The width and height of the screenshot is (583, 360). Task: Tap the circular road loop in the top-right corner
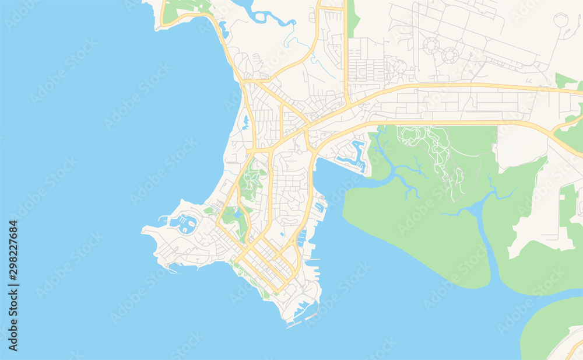pyautogui.click(x=560, y=20)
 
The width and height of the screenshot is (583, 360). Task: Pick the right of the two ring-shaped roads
pyautogui.click(x=449, y=55)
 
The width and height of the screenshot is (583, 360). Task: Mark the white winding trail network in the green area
pyautogui.click(x=431, y=152)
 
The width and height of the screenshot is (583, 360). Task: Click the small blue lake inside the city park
pyautogui.click(x=237, y=214)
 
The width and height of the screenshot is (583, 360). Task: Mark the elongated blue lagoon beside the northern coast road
pyautogui.click(x=224, y=29)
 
